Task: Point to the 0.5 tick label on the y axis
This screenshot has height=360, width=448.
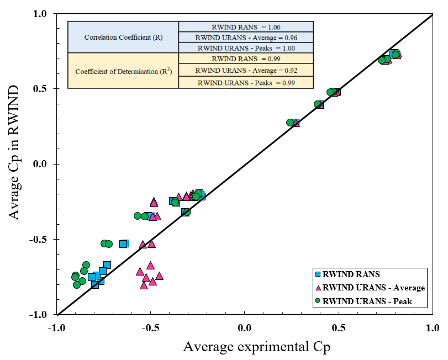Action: pyautogui.click(x=43, y=89)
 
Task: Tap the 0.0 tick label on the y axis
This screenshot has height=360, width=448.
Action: pyautogui.click(x=43, y=164)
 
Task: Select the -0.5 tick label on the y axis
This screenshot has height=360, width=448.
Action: pyautogui.click(x=41, y=240)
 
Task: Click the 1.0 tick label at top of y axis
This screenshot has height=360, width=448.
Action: pyautogui.click(x=43, y=14)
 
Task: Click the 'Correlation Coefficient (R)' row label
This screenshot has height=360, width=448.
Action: pyautogui.click(x=123, y=38)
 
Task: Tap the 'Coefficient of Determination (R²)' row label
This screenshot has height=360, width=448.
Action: pyautogui.click(x=123, y=71)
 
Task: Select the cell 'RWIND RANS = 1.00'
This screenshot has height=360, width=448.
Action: pyautogui.click(x=246, y=27)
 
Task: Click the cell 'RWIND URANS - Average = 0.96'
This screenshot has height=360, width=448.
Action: pyautogui.click(x=246, y=38)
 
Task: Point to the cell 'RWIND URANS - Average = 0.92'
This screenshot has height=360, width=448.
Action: pyautogui.click(x=246, y=71)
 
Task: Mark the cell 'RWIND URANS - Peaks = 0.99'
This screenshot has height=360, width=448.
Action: pyautogui.click(x=246, y=83)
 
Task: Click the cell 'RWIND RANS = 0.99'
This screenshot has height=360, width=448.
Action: pyautogui.click(x=246, y=59)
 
